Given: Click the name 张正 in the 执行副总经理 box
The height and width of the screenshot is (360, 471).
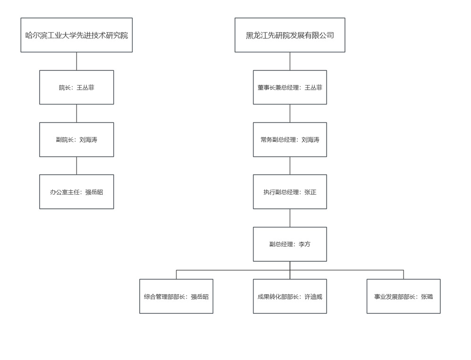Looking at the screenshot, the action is pyautogui.click(x=310, y=192).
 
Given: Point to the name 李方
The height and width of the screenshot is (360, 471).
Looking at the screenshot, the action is pyautogui.click(x=304, y=244).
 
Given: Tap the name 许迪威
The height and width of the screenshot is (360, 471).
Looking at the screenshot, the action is pyautogui.click(x=313, y=297).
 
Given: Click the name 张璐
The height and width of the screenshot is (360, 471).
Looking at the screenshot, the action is pyautogui.click(x=427, y=297).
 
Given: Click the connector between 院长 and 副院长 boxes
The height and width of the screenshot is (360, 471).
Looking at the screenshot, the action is pyautogui.click(x=76, y=113).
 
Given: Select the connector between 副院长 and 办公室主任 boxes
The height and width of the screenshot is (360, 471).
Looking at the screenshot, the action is pyautogui.click(x=76, y=166).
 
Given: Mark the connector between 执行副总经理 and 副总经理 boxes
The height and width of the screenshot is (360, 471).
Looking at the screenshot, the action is pyautogui.click(x=290, y=218).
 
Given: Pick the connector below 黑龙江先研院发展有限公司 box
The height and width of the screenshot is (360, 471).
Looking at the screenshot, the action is pyautogui.click(x=290, y=61).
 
